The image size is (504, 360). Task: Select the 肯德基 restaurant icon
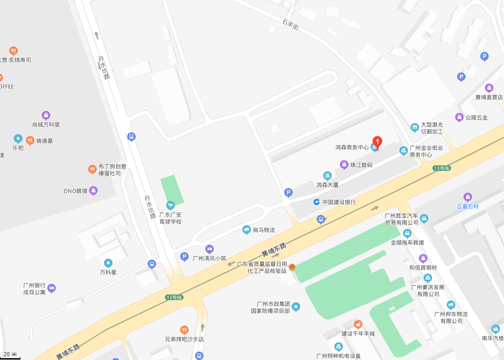tap(30, 140)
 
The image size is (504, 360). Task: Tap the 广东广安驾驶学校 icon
tap(170, 205)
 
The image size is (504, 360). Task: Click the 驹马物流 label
tap(264, 230)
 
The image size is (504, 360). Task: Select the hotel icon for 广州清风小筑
tap(209, 249)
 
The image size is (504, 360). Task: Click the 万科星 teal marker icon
tap(108, 263)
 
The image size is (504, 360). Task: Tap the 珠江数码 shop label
tap(361, 165)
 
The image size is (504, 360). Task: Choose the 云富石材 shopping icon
tap(468, 197)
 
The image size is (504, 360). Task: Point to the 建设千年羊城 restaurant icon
tap(358, 324)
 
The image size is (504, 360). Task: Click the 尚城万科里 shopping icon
tap(46, 115)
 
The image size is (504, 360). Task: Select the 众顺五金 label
tap(477, 118)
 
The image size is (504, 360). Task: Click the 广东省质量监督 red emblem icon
tap(292, 267)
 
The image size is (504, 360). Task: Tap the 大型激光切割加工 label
tap(432, 128)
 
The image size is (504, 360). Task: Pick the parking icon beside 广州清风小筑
tap(184, 256)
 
